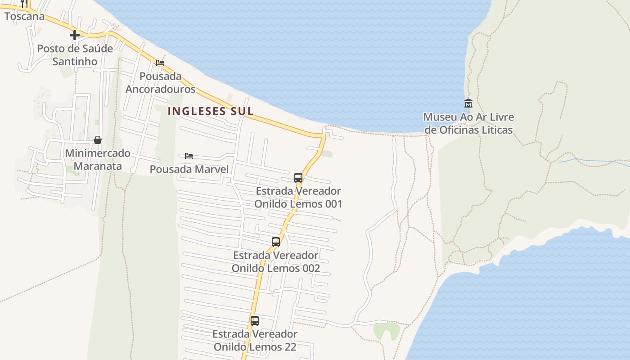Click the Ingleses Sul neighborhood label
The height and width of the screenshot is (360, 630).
click(x=211, y=111)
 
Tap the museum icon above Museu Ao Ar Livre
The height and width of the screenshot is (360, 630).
click(x=468, y=103)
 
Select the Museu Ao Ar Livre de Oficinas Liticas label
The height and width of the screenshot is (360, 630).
click(x=468, y=124)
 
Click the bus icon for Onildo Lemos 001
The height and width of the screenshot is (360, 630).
click(x=298, y=178)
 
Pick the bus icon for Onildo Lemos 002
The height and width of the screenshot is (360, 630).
click(x=276, y=242)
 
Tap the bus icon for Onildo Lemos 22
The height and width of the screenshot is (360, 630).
click(x=255, y=321)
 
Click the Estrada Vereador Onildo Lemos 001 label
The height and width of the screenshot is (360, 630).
click(x=298, y=198)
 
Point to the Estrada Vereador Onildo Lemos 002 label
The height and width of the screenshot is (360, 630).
click(x=276, y=262)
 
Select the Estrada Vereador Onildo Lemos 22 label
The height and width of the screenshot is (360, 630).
click(x=255, y=341)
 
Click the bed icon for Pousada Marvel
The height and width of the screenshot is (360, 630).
click(x=189, y=156)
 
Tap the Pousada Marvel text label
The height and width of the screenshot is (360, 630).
click(x=189, y=170)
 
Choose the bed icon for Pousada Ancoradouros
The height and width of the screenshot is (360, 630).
click(x=160, y=63)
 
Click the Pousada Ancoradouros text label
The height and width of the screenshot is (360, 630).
click(x=160, y=83)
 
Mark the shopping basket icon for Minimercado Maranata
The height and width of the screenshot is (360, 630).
click(x=98, y=140)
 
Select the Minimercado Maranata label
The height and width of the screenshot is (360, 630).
click(x=98, y=160)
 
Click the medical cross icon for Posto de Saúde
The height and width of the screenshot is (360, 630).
click(x=75, y=35)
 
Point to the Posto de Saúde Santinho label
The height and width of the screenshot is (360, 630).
click(x=75, y=55)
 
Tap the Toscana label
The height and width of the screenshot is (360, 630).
click(x=25, y=17)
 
